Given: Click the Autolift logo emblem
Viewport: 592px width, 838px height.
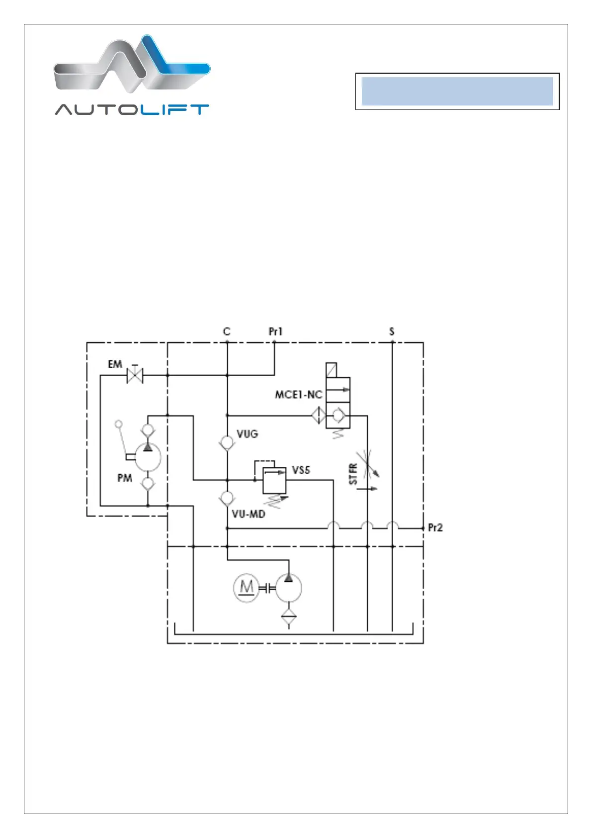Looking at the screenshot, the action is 132,64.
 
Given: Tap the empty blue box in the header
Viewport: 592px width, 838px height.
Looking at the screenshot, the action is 457,91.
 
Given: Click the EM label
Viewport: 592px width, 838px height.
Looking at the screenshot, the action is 115,364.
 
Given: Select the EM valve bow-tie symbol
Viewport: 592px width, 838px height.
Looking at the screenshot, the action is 135,375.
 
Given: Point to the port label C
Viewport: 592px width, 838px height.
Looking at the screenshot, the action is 227,331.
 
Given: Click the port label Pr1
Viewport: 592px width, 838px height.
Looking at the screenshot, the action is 275,331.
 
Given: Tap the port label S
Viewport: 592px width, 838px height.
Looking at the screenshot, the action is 392,331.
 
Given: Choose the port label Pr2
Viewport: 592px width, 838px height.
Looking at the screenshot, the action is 435,527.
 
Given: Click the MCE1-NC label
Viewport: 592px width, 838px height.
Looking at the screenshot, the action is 298,395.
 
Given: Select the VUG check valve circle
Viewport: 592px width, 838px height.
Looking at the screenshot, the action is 227,442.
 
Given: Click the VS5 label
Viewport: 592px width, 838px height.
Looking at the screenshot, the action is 301,470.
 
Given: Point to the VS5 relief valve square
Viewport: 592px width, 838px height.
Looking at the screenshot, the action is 274,480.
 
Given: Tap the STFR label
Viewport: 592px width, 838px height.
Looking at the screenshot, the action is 353,474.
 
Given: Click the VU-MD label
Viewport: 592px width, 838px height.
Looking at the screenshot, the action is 248,514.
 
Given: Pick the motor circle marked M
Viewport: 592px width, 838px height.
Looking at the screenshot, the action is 246,588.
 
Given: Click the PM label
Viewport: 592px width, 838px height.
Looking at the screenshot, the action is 124,478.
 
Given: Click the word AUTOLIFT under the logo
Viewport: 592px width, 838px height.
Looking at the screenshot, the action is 132,110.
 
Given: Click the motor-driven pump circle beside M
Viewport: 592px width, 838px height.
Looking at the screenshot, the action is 289,588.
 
